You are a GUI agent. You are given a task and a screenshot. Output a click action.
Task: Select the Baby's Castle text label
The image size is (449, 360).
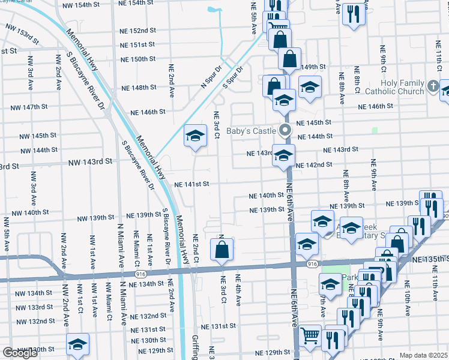[x=251, y=130]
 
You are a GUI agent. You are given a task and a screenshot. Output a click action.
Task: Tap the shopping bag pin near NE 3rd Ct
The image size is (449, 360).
[x=221, y=250]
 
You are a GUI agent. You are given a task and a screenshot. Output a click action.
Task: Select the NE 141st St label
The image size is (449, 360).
[x=191, y=184]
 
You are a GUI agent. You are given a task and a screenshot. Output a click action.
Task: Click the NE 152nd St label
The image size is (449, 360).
[x=137, y=31]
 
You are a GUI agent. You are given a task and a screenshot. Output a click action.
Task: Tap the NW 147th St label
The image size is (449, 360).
[x=29, y=107]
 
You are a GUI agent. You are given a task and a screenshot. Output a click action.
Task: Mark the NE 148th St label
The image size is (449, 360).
[x=139, y=88]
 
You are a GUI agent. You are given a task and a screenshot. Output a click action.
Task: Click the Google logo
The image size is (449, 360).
[x=20, y=353]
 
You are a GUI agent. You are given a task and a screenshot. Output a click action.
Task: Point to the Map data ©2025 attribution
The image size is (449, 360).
[x=423, y=355]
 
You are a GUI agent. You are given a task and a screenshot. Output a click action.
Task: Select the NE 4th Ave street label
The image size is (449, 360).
[x=238, y=288]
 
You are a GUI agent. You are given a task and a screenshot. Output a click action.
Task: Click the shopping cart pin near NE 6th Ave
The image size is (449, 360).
[x=310, y=337]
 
